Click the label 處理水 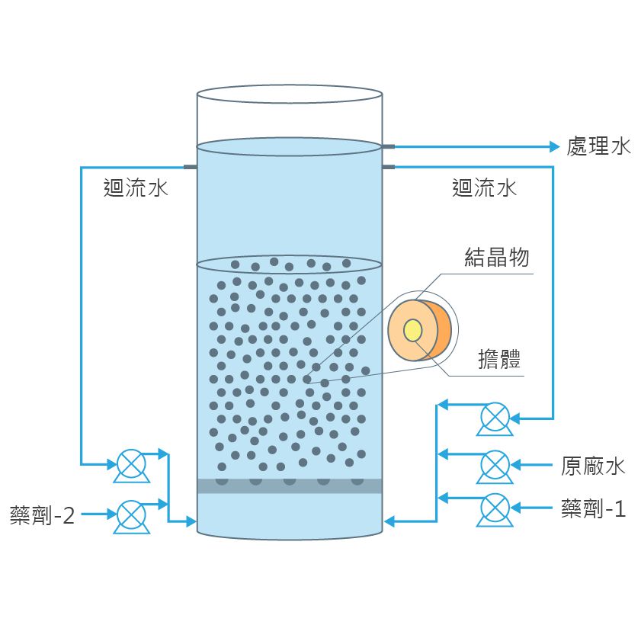coord(598,146)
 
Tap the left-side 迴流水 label coord(136,187)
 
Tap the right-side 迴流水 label coord(484,187)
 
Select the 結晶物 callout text coord(496,257)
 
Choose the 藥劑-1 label coord(593,508)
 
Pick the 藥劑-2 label coord(43,516)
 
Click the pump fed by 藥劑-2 coord(131,515)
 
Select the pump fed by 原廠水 coord(495,464)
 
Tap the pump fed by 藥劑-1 coord(495,507)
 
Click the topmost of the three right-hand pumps coord(495,417)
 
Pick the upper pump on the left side coord(131,463)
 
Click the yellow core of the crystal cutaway coord(413,330)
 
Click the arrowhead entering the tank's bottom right coord(389,521)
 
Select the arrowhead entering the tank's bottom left coord(191,521)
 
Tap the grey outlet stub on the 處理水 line coord(388,146)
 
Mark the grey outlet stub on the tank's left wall coord(191,167)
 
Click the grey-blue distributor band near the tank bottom coord(289,486)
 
